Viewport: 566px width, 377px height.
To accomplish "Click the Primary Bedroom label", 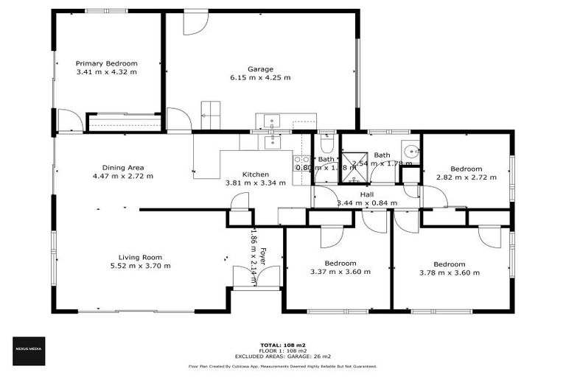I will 107,64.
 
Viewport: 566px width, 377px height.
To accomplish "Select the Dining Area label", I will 123,167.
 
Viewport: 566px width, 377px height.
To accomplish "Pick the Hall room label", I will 366,194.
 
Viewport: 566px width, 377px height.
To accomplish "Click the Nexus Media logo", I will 29,350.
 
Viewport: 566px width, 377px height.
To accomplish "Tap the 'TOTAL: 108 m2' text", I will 283,345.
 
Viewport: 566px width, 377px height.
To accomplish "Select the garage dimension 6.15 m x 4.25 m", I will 260,77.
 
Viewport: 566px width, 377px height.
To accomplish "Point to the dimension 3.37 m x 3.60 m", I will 340,272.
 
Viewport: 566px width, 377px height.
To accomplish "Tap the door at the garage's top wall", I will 196,21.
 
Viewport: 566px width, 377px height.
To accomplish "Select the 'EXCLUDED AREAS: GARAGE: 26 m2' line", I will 283,356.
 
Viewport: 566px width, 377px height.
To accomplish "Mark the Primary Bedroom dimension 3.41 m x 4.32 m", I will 107,72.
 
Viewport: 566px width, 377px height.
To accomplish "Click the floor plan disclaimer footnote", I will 283,366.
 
